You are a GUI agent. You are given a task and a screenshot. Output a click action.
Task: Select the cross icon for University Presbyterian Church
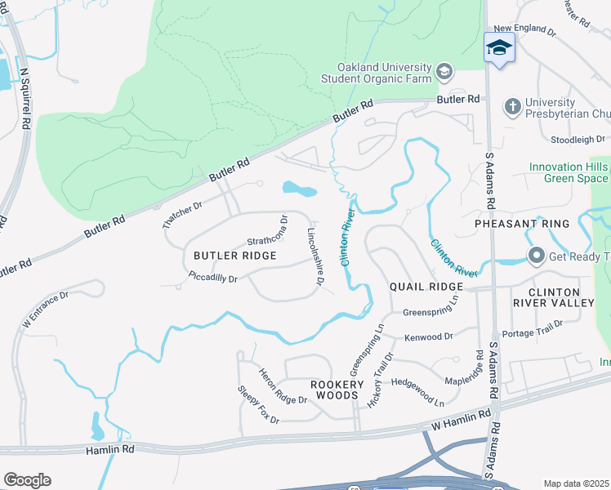pos(512,107)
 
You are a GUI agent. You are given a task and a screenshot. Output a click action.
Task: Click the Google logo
pos(27,480)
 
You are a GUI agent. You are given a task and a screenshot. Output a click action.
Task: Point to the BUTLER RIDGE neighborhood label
pos(234,256)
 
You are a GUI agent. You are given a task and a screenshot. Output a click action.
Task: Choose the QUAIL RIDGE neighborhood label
pos(426,287)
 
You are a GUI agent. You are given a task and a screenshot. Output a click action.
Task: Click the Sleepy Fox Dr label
pos(258,405)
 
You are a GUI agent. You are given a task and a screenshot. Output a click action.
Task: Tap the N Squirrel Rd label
pos(25,94)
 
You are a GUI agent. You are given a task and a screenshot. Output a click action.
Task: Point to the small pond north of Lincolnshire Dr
pos(299,189)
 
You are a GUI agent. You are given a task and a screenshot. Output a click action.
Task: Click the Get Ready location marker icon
pos(536,256)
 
